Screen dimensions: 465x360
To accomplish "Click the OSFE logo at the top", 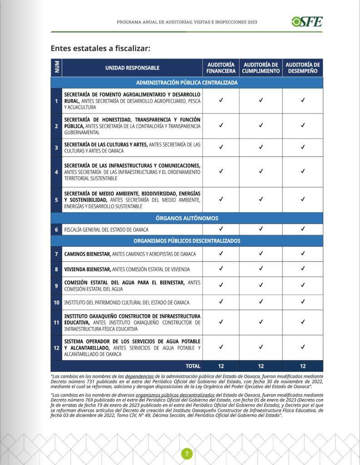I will click(x=307, y=21).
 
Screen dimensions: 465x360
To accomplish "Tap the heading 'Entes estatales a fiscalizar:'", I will click(x=100, y=48).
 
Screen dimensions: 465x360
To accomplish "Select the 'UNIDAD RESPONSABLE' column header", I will click(x=132, y=68).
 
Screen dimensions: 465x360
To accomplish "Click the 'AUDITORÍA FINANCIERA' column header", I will click(x=221, y=68).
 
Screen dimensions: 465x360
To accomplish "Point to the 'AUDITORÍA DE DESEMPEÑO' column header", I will click(x=302, y=68).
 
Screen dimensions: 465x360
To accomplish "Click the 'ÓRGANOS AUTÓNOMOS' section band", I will click(x=187, y=218).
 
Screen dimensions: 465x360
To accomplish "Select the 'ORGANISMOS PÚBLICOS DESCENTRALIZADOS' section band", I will click(x=187, y=241).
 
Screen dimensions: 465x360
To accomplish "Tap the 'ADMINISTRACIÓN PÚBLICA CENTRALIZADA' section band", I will click(x=187, y=83).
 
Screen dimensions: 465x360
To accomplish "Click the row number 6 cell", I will click(x=56, y=230).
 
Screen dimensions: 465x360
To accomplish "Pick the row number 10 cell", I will click(x=56, y=302).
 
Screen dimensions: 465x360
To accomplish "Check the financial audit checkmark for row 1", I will click(x=221, y=100).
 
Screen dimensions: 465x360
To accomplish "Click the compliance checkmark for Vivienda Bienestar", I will click(x=261, y=269).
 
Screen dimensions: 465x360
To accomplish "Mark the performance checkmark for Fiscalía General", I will click(x=302, y=229).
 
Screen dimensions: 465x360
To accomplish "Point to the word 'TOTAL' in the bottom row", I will click(x=193, y=366).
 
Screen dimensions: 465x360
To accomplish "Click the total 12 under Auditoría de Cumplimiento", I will click(x=261, y=366).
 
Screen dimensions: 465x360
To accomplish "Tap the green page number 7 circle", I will click(x=187, y=453).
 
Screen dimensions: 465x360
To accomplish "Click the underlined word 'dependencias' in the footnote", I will click(x=139, y=376).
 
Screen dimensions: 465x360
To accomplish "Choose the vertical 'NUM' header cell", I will click(x=56, y=68).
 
